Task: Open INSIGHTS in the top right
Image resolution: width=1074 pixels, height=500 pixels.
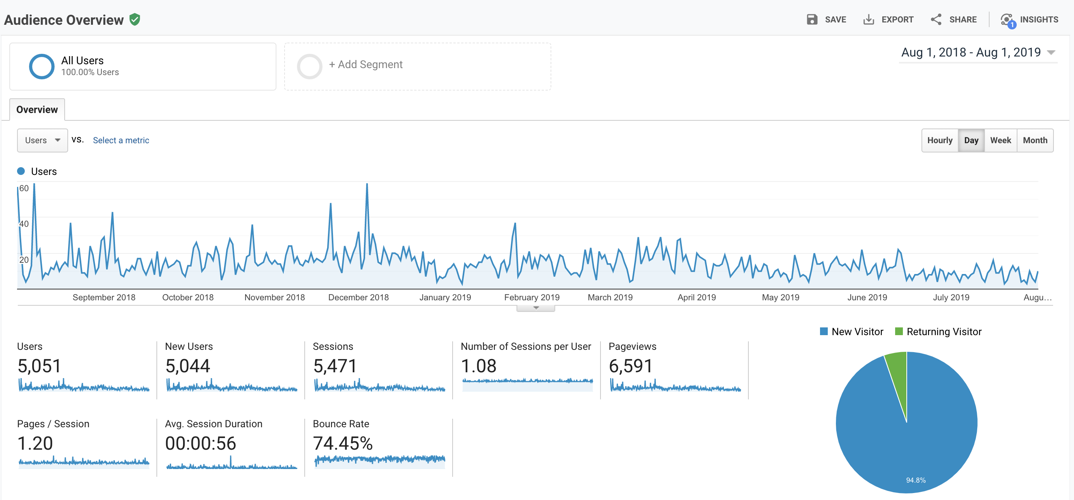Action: pyautogui.click(x=1029, y=20)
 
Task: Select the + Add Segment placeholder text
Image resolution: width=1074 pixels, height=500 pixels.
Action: pyautogui.click(x=365, y=65)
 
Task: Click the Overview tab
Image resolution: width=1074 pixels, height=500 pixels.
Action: pyautogui.click(x=37, y=110)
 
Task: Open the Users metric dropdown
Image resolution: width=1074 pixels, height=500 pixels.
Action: pyautogui.click(x=42, y=140)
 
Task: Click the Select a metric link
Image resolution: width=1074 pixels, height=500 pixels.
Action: pyautogui.click(x=121, y=140)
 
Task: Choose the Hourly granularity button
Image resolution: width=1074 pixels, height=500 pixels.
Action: pyautogui.click(x=940, y=140)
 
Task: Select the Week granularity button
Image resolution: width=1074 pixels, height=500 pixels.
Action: pyautogui.click(x=1000, y=140)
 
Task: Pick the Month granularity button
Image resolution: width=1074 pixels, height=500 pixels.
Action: pyautogui.click(x=1035, y=140)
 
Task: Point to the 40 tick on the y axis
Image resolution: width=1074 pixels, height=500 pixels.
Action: pyautogui.click(x=24, y=224)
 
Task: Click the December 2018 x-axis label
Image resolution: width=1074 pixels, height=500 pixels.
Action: pyautogui.click(x=358, y=298)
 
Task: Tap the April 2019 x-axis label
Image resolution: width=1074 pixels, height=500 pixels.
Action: pyautogui.click(x=696, y=298)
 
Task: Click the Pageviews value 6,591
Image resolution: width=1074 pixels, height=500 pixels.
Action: pyautogui.click(x=630, y=366)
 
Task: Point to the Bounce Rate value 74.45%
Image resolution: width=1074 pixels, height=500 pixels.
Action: pyautogui.click(x=343, y=443)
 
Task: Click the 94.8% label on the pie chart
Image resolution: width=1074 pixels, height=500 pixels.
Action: pyautogui.click(x=916, y=480)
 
